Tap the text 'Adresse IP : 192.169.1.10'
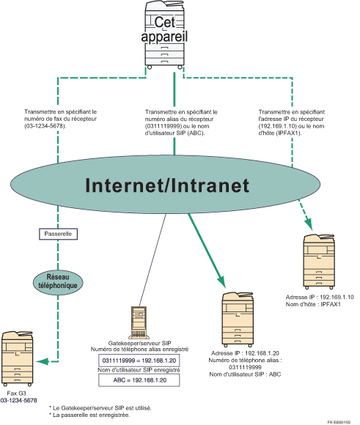[x=320, y=297]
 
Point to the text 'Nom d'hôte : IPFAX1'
[x=312, y=305]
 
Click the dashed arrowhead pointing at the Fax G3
[x=45, y=360]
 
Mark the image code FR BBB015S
[x=341, y=421]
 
